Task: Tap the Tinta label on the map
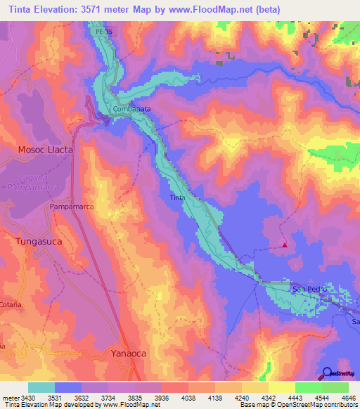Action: pyautogui.click(x=177, y=198)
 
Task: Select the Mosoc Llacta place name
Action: pyautogui.click(x=45, y=150)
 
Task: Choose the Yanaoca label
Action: pyautogui.click(x=129, y=353)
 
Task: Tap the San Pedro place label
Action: pyautogui.click(x=307, y=289)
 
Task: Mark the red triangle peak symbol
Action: pyautogui.click(x=284, y=245)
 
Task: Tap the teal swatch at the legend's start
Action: pyautogui.click(x=41, y=387)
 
